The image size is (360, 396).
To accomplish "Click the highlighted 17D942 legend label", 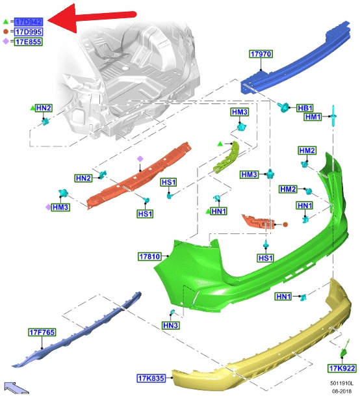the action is (29, 22).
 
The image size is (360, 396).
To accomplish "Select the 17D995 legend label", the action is (29, 32).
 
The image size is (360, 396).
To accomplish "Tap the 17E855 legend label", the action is (29, 42).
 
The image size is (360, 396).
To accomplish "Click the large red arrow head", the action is (62, 19).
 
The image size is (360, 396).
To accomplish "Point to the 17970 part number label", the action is (261, 54).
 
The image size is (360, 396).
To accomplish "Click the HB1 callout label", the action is (305, 108).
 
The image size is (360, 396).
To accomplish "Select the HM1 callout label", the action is (313, 117).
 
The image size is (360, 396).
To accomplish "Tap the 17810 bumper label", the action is (149, 257).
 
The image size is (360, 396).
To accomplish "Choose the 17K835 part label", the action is (151, 378).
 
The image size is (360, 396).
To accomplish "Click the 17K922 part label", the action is (342, 369).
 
